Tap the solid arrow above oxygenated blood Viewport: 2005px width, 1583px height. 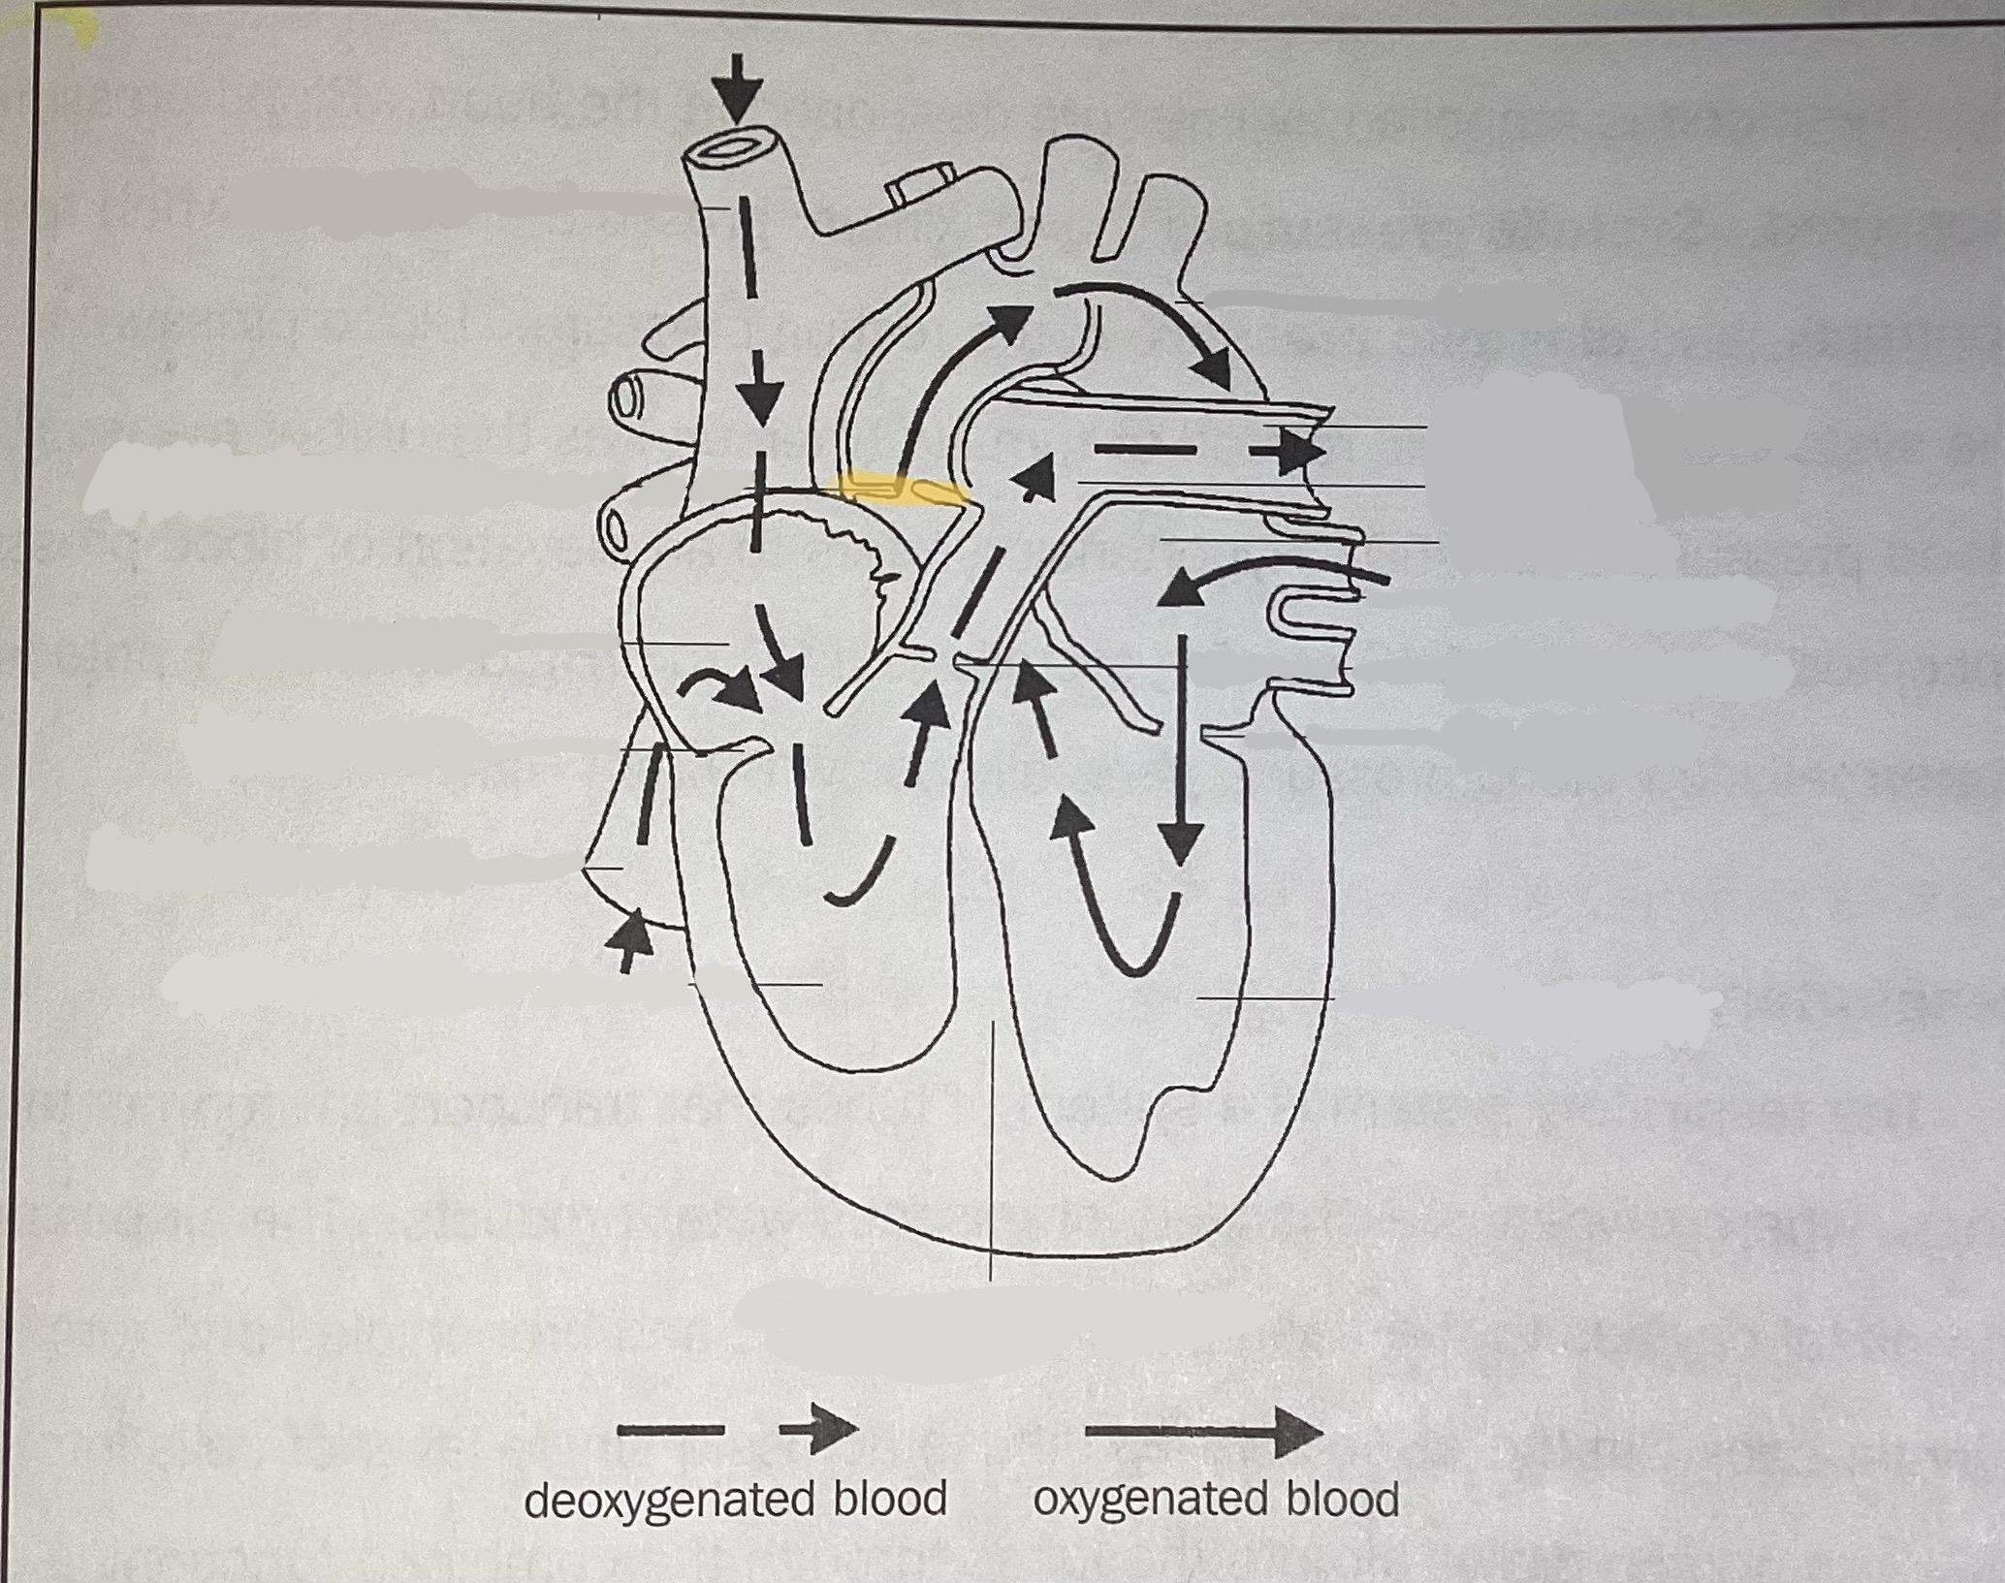[1203, 1431]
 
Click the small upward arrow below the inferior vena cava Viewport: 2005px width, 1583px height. [631, 936]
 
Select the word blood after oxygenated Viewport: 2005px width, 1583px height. [1343, 1499]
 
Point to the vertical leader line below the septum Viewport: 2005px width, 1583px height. [992, 1144]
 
